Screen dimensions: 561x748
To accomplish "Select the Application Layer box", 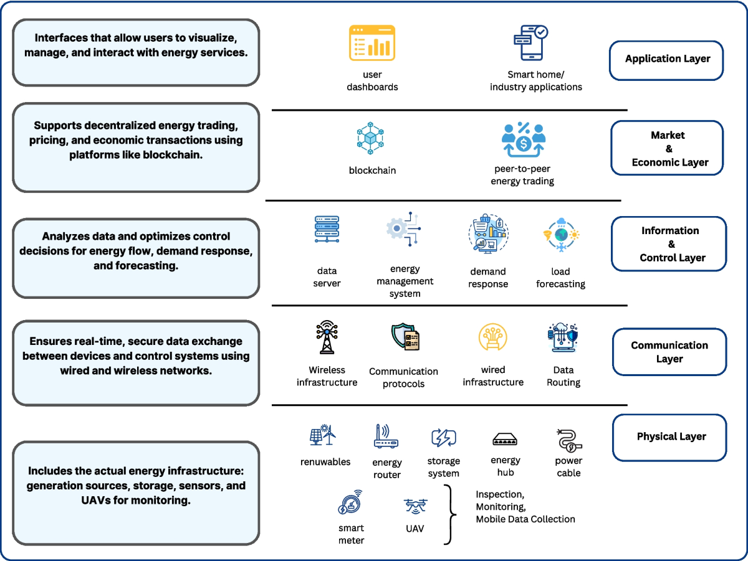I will [666, 60].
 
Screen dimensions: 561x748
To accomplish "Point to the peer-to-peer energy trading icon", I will [523, 140].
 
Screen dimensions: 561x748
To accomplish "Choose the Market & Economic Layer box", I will [667, 149].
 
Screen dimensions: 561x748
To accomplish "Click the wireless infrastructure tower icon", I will [326, 337].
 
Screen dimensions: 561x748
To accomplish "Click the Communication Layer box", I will [669, 352].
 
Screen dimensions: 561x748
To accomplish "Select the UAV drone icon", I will [415, 506].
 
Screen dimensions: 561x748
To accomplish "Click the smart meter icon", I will [350, 504].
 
